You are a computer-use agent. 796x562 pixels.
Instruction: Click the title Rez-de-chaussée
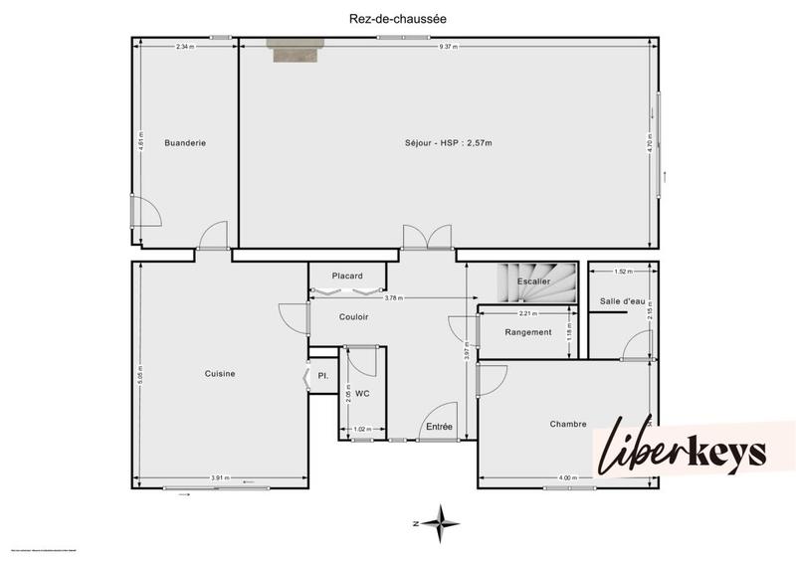coord(398,17)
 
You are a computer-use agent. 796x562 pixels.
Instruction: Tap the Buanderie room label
coord(185,143)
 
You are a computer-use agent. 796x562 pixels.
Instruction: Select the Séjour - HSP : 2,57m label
coord(448,143)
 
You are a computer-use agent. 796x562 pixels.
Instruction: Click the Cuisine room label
coord(220,374)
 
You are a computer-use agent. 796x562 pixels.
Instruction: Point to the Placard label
coord(347,276)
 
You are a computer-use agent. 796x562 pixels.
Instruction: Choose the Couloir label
coord(353,317)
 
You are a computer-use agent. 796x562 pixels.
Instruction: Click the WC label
coord(362,394)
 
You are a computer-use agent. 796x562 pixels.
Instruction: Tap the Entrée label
coord(439,427)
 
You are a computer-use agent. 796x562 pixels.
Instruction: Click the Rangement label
coord(527,332)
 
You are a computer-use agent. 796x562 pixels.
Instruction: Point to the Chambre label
coord(567,424)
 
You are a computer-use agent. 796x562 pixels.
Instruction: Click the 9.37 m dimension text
coord(449,47)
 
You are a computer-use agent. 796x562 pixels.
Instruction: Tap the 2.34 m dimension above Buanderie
coord(185,47)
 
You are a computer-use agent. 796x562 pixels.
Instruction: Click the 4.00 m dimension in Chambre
coord(567,478)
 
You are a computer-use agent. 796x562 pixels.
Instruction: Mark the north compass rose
coord(441,520)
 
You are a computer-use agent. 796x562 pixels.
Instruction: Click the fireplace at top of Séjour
coord(296,50)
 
